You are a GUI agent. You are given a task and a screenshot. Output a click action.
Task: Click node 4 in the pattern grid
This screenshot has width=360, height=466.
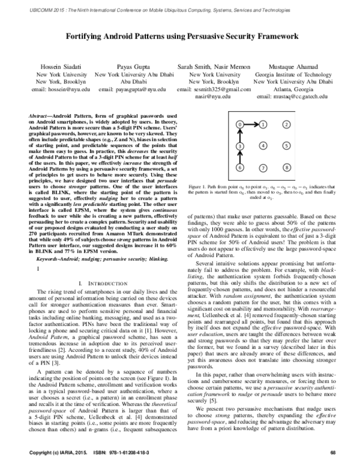pyautogui.click(x=263, y=146)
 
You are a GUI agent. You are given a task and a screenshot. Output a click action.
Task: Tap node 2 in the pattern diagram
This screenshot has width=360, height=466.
pyautogui.click(x=287, y=124)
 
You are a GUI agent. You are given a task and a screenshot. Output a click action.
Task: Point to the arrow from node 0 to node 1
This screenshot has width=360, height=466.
pyautogui.click(x=251, y=124)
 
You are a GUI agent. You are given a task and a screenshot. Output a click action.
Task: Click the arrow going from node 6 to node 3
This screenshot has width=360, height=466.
pyautogui.click(x=239, y=157)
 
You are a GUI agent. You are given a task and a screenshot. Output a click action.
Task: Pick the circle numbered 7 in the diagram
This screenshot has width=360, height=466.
pyautogui.click(x=263, y=168)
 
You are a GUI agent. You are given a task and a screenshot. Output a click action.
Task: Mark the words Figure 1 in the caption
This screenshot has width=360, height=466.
pyautogui.click(x=197, y=187)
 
